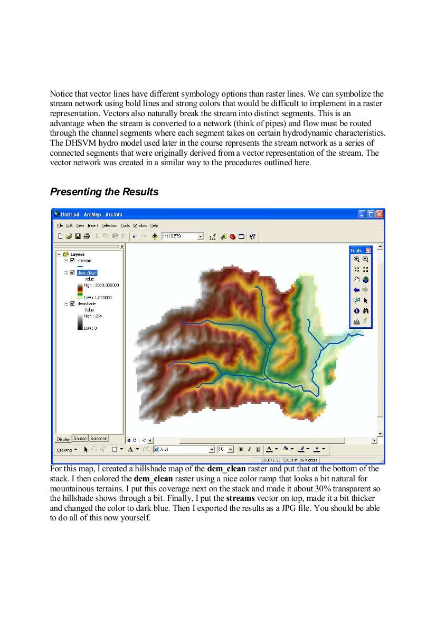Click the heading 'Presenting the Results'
[x=104, y=192]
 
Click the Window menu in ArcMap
[x=140, y=225]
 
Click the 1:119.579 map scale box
[x=179, y=236]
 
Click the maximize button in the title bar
[x=371, y=214]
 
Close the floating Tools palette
[x=368, y=250]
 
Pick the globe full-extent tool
[x=365, y=280]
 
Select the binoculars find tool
[x=365, y=311]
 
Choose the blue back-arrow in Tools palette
[x=356, y=290]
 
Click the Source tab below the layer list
[x=80, y=439]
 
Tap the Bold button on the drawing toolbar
[x=241, y=450]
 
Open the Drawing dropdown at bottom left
[x=67, y=450]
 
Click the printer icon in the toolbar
[x=86, y=236]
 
